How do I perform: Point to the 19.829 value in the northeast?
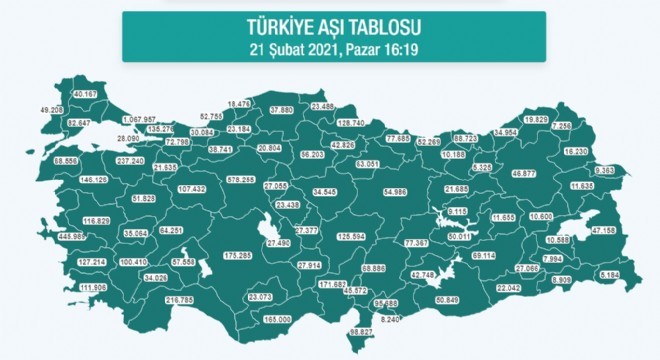tap(537, 119)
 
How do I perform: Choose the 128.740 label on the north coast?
tap(351, 122)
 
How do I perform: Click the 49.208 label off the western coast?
tap(50, 108)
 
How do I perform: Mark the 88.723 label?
tap(465, 137)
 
